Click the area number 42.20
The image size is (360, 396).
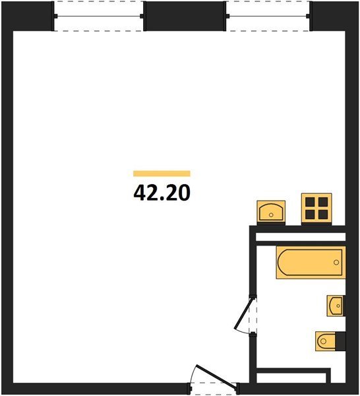(162, 193)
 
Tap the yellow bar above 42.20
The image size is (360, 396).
(162, 174)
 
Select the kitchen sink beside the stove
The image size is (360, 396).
(271, 213)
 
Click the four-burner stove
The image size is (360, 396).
(316, 209)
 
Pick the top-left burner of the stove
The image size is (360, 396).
(310, 202)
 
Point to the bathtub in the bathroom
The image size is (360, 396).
(311, 263)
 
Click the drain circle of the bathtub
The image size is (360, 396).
(336, 263)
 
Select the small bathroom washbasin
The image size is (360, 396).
(336, 306)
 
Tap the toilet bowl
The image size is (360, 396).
(325, 341)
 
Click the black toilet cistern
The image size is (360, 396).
(340, 341)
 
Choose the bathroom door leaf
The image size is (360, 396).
(243, 313)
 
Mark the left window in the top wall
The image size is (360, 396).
(98, 16)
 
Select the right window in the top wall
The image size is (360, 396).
(268, 16)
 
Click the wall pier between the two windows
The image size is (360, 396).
(185, 16)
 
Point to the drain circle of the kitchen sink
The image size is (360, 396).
(271, 215)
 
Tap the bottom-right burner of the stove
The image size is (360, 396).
(323, 214)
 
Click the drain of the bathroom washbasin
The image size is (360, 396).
(338, 306)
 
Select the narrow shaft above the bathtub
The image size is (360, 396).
(301, 237)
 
